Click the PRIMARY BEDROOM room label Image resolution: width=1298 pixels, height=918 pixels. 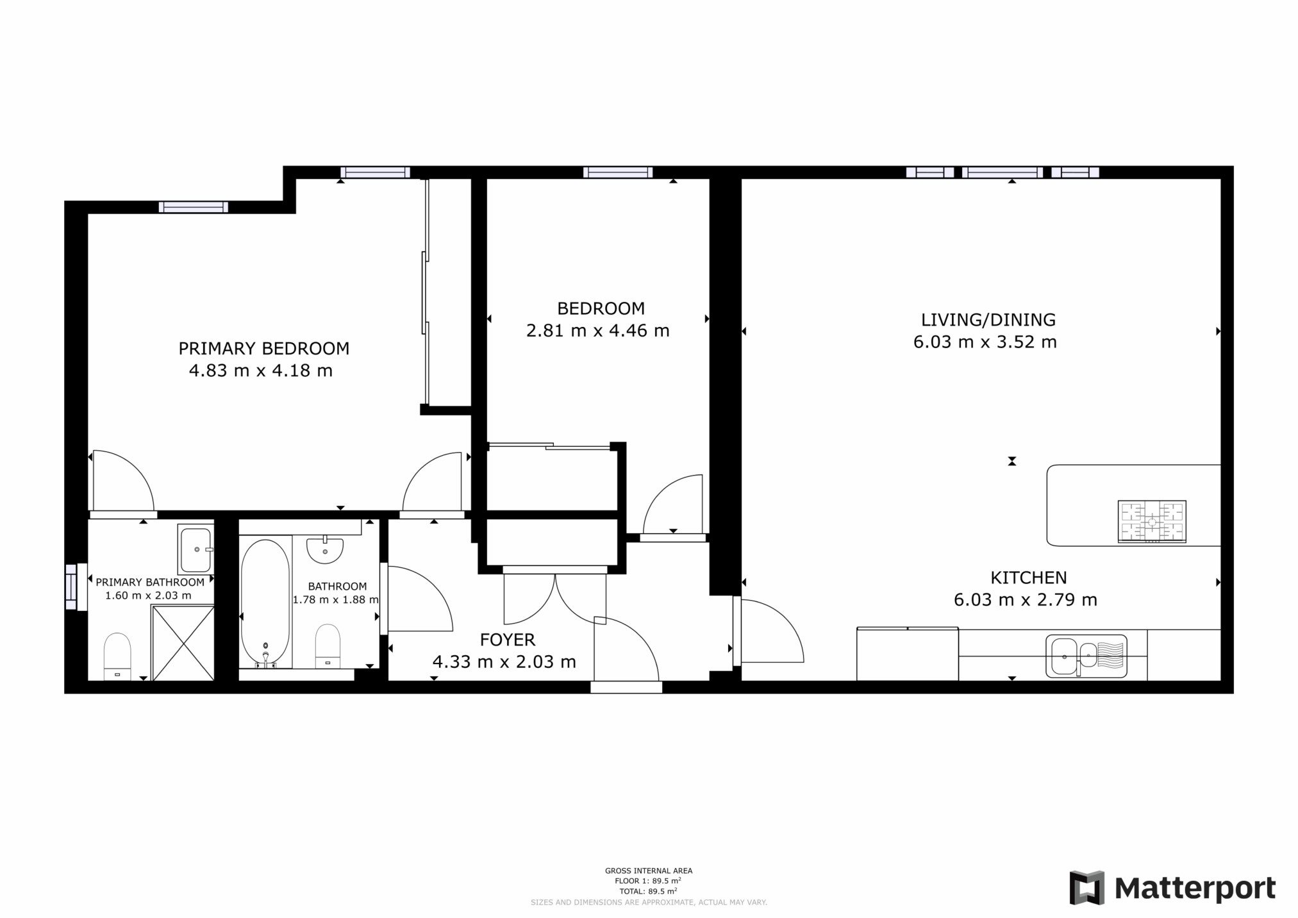click(263, 349)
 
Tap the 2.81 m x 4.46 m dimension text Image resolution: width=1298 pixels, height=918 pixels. click(598, 331)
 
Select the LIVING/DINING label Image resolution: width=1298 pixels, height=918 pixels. click(988, 320)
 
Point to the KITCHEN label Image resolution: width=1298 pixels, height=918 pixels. click(1028, 578)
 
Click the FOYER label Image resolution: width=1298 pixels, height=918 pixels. click(507, 639)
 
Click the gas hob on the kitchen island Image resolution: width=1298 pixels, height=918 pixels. click(1152, 522)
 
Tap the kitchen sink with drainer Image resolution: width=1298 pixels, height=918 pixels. click(1086, 656)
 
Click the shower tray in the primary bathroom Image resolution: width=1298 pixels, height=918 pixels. click(182, 642)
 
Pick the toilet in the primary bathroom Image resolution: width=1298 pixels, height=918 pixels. click(117, 656)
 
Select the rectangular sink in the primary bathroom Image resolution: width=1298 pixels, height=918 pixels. click(196, 549)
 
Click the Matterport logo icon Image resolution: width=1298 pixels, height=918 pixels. click(1087, 888)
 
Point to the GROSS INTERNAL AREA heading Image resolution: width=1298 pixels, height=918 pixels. click(649, 871)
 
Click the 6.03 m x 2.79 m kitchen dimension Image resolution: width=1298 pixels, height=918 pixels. click(1026, 600)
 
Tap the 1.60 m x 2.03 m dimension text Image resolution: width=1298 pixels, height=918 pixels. click(148, 596)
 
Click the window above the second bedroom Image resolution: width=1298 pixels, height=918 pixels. click(618, 172)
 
